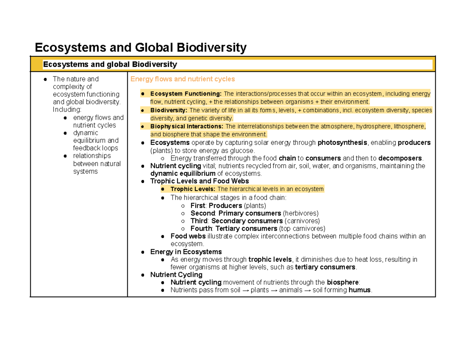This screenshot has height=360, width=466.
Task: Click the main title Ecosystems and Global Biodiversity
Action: pyautogui.click(x=141, y=48)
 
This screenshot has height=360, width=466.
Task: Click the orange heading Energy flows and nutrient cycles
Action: pyautogui.click(x=183, y=79)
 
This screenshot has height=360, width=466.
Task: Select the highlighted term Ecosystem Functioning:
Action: pyautogui.click(x=186, y=94)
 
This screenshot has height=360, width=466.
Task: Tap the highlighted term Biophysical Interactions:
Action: pyautogui.click(x=187, y=126)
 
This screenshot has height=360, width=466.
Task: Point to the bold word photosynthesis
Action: pyautogui.click(x=342, y=143)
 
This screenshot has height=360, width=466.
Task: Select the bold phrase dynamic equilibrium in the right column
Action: pyautogui.click(x=183, y=174)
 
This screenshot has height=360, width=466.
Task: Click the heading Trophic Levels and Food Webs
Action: pyautogui.click(x=200, y=181)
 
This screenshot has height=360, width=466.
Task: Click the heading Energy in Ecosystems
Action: pyautogui.click(x=186, y=252)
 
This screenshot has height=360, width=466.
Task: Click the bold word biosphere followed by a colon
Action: pyautogui.click(x=343, y=282)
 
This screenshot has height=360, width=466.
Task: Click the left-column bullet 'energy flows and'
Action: pyautogui.click(x=98, y=117)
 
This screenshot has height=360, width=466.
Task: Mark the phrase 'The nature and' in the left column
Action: pyautogui.click(x=76, y=79)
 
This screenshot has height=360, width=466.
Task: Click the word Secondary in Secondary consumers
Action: pyautogui.click(x=225, y=221)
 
